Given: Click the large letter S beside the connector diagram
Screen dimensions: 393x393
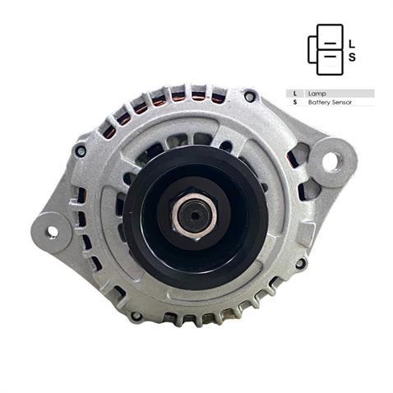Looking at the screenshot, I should pos(352,58).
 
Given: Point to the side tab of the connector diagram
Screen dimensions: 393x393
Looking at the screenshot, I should pos(312,50).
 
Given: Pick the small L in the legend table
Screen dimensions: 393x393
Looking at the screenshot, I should pos(294,94).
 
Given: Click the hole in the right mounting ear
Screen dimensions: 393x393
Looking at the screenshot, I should pos(331,161).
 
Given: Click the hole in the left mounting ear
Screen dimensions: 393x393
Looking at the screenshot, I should pos(51,232).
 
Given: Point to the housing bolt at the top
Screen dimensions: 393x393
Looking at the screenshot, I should pos(249,96).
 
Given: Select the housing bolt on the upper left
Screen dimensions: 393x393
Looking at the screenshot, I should pos(81,151).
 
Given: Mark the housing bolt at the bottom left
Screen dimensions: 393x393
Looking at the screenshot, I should pos(136,316).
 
